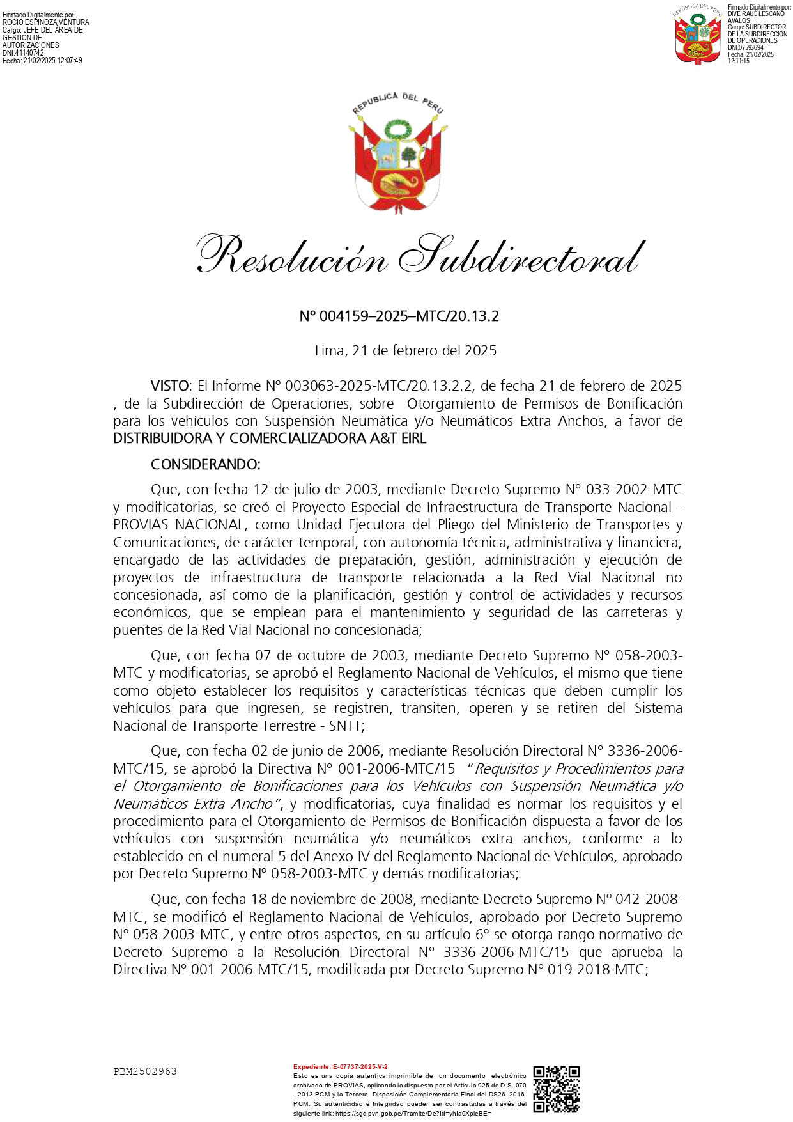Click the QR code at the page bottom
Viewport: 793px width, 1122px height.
(556, 1088)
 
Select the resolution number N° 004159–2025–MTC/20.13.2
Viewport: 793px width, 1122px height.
(399, 316)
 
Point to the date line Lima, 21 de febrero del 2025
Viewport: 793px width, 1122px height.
(406, 350)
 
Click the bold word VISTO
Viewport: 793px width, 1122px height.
(170, 386)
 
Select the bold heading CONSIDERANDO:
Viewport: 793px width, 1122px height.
(205, 464)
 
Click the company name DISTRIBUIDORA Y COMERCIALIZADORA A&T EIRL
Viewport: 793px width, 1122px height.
(269, 439)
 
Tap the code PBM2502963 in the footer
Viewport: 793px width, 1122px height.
(145, 1071)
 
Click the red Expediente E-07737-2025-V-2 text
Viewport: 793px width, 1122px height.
(340, 1067)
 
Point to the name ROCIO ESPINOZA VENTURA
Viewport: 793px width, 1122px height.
(46, 22)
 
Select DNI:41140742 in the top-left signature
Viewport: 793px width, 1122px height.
(24, 53)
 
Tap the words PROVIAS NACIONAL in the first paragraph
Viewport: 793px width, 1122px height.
(178, 525)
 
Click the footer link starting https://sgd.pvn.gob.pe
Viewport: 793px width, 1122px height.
(413, 1113)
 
